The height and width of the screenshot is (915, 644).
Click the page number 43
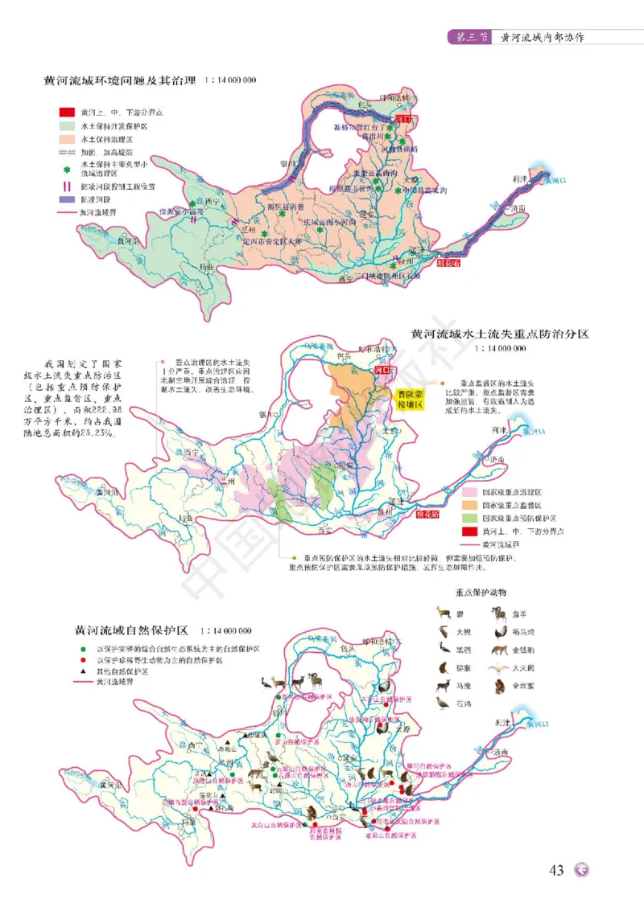[555, 871]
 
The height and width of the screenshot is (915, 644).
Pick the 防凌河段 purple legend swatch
[65, 199]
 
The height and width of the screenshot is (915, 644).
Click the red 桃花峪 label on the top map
[451, 261]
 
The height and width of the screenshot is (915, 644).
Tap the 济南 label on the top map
[516, 208]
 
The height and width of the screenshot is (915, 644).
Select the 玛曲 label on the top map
[207, 266]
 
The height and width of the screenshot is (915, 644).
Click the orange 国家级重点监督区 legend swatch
[468, 505]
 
